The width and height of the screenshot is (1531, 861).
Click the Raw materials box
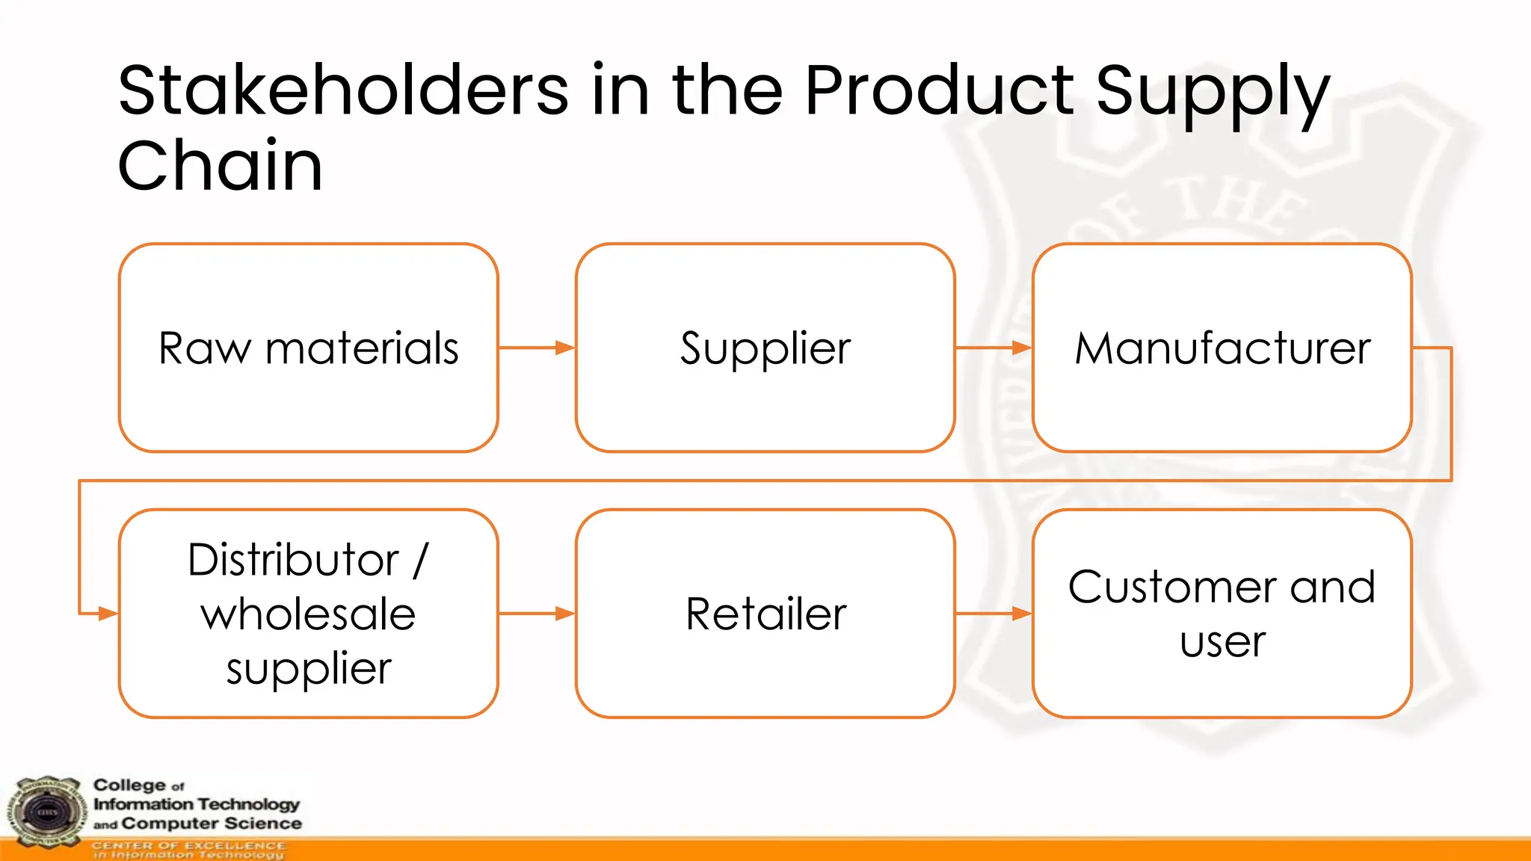click(x=308, y=348)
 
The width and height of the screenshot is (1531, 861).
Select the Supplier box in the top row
click(x=765, y=348)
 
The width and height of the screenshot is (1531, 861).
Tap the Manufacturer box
click(x=1222, y=348)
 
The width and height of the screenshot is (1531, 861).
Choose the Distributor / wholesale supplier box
click(x=308, y=614)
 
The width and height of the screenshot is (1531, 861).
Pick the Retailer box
click(x=765, y=614)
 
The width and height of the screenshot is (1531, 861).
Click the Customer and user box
click(x=1222, y=614)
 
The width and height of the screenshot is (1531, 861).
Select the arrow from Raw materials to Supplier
click(x=536, y=348)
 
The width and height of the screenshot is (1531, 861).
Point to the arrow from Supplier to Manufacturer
click(x=993, y=348)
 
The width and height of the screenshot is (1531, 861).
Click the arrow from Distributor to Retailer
click(x=536, y=614)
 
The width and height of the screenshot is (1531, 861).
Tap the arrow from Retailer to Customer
click(x=993, y=614)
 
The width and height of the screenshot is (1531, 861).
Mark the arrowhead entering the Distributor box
click(x=108, y=614)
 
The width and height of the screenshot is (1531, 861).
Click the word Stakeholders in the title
click(x=343, y=90)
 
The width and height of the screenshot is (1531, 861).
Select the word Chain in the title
click(x=220, y=165)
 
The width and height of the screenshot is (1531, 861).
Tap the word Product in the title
click(x=939, y=90)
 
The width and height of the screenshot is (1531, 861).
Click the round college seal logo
click(x=47, y=812)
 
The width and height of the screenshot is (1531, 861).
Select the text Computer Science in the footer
click(x=212, y=824)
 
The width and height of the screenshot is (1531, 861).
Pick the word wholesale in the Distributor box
click(x=308, y=614)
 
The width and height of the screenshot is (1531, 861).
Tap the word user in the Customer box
click(x=1222, y=641)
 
